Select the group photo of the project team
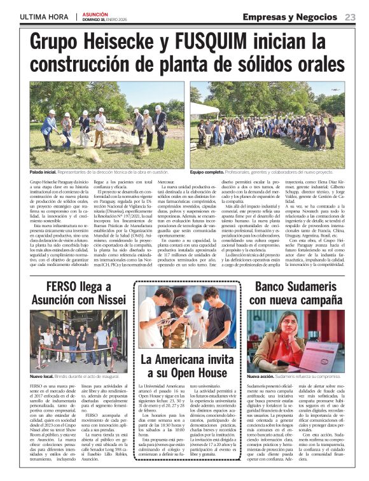pyautogui.click(x=267, y=125)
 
